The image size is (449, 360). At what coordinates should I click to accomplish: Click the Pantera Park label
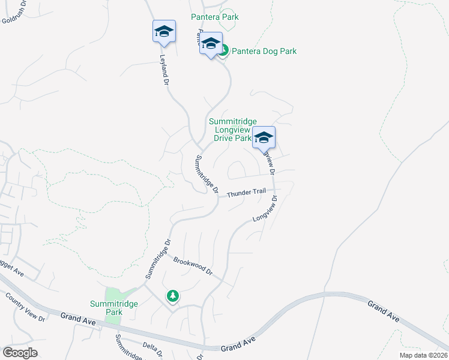[x=215, y=17]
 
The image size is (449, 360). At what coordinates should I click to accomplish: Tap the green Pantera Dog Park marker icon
[x=223, y=52]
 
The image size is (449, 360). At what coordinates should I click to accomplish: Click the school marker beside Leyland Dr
[x=164, y=31]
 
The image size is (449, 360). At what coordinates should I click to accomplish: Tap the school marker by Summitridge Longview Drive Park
[x=264, y=138]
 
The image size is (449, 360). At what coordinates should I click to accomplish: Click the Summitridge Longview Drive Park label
[x=230, y=130]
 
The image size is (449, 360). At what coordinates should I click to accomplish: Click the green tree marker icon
[x=173, y=296]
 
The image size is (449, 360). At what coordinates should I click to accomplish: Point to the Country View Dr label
[x=25, y=306]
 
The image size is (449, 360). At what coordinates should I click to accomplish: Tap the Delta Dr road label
[x=153, y=347]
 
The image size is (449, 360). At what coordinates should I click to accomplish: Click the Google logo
[x=20, y=353]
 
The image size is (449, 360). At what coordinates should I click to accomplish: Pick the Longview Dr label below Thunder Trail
[x=265, y=208]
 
